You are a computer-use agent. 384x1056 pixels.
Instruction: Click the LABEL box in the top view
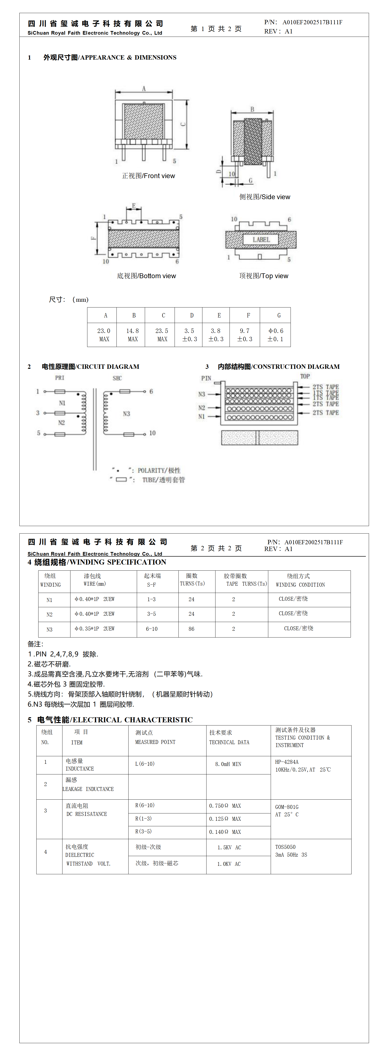click(x=261, y=239)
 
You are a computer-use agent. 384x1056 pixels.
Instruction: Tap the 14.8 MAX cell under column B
click(x=132, y=334)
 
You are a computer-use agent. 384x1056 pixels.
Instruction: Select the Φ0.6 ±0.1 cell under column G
click(x=275, y=334)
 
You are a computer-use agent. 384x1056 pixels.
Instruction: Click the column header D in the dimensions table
click(x=191, y=315)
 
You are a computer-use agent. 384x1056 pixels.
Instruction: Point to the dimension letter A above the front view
click(x=144, y=88)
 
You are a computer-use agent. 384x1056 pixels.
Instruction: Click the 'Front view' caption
click(x=148, y=176)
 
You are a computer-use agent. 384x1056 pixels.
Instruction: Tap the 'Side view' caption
click(x=265, y=197)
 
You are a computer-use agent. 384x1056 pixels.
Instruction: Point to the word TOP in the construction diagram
click(x=305, y=376)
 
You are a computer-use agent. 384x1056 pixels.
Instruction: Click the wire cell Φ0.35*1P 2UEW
click(x=95, y=628)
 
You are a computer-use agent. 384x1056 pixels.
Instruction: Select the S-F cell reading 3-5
click(x=152, y=614)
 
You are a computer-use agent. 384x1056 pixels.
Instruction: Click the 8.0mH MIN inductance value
click(x=228, y=764)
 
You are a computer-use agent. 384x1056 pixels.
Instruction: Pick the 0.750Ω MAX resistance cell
click(x=225, y=805)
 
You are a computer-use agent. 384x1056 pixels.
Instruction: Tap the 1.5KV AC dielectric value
click(x=229, y=847)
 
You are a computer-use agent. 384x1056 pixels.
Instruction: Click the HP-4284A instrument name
click(x=287, y=762)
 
